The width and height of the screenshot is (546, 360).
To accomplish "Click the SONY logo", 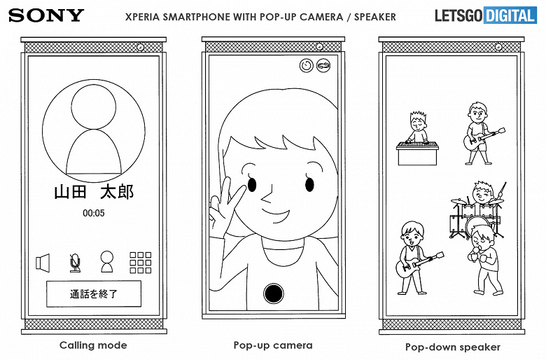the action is (x=46, y=15).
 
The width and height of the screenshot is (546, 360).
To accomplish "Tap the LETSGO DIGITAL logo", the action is (x=486, y=15).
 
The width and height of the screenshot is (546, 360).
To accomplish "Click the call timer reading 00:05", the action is (x=94, y=213).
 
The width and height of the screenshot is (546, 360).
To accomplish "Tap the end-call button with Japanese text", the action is (x=94, y=293).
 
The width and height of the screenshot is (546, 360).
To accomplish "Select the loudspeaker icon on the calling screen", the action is (x=43, y=263).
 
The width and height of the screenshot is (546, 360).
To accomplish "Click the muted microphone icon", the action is (x=75, y=263).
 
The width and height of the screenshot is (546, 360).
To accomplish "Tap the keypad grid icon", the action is (x=140, y=263).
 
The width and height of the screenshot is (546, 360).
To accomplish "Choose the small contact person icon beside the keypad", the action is (x=107, y=262).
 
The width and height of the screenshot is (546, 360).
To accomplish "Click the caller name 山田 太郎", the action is (x=94, y=192).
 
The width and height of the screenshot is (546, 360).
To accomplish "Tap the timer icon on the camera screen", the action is (x=307, y=66).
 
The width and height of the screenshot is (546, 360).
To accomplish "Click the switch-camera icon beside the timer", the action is (x=323, y=66).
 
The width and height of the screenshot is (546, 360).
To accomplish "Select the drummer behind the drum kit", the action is (x=483, y=194).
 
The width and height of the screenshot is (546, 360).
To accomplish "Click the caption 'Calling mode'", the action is (x=93, y=345).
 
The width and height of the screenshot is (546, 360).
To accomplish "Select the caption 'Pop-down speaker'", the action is (x=453, y=347).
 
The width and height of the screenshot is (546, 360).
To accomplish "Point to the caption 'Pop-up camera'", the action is (x=273, y=345).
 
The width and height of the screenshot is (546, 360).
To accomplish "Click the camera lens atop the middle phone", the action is (x=319, y=47).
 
